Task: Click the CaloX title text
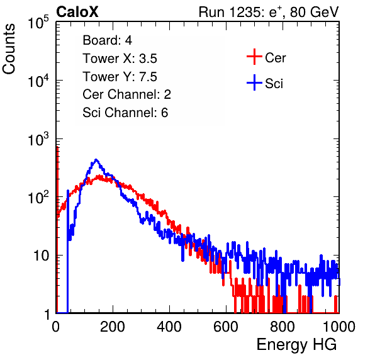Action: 77,12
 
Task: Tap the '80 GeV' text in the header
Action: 314,12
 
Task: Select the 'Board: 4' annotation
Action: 107,40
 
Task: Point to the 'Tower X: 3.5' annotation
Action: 120,59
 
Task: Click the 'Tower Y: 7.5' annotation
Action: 120,77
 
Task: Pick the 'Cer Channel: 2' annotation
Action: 126,94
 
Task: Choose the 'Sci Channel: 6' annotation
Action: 125,113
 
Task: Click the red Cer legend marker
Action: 254,57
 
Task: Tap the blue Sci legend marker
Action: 254,82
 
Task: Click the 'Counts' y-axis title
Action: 9,49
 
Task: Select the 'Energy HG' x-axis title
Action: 296,345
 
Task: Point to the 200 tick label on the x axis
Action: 113,327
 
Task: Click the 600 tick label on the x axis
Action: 226,327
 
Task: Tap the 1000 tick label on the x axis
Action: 339,327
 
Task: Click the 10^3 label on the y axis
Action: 38,139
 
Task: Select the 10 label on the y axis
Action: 42,256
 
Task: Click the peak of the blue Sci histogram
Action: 96,160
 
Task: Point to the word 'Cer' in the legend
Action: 275,58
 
